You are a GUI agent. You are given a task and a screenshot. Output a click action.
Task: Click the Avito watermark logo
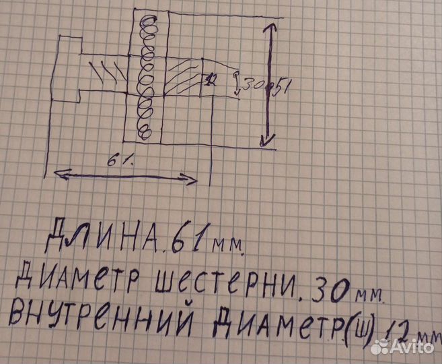point(402,346)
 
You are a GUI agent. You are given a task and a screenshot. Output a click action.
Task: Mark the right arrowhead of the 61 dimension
point(193,180)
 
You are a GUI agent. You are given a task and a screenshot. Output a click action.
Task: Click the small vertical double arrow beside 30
point(235,83)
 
